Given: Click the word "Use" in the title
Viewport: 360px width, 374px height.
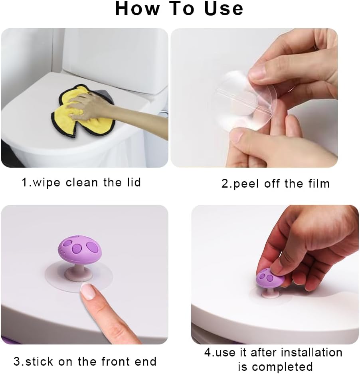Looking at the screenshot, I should [224, 9].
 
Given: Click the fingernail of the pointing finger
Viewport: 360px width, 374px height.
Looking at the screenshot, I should [88, 292].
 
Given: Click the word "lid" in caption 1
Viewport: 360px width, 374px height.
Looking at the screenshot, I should [133, 183].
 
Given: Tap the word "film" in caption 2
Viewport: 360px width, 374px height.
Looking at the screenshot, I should [318, 184].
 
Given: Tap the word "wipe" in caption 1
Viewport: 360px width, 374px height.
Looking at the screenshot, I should [47, 183].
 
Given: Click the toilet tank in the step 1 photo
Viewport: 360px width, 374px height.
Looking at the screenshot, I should [116, 52].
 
